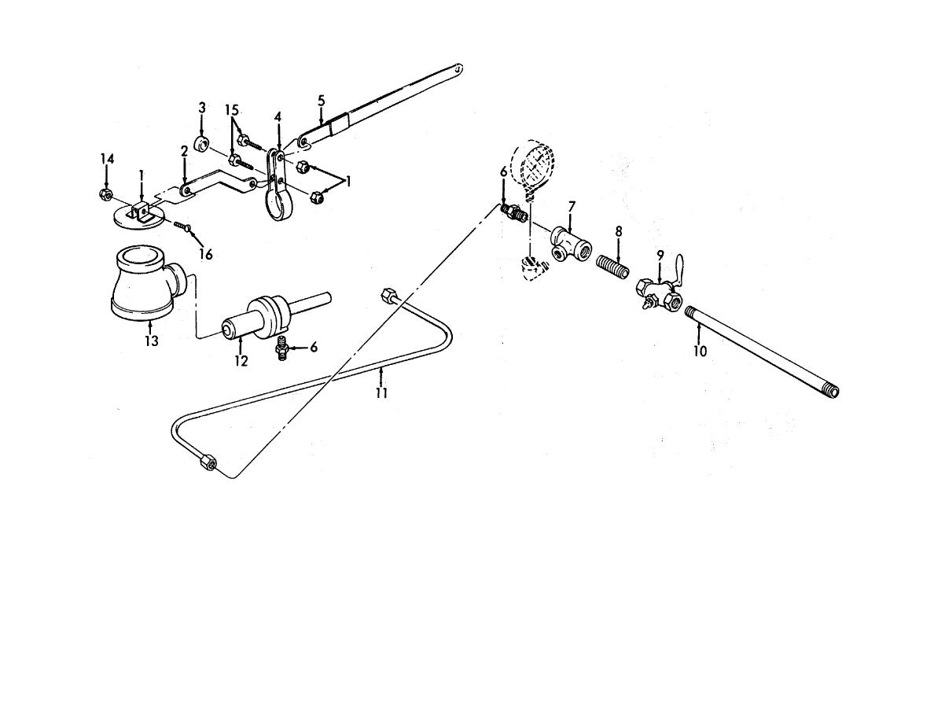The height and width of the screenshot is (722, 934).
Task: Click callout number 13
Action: [x=151, y=341]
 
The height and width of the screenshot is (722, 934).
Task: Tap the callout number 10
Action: [x=700, y=352]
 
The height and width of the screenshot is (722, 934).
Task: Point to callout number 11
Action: [x=381, y=393]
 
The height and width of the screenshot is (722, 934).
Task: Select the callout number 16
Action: [x=206, y=254]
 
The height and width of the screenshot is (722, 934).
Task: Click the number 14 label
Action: [x=107, y=159]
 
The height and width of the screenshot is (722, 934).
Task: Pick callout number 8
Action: [x=618, y=231]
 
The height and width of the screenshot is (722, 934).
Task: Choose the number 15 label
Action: [x=232, y=110]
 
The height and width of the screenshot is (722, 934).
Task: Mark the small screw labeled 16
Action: [x=181, y=226]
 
